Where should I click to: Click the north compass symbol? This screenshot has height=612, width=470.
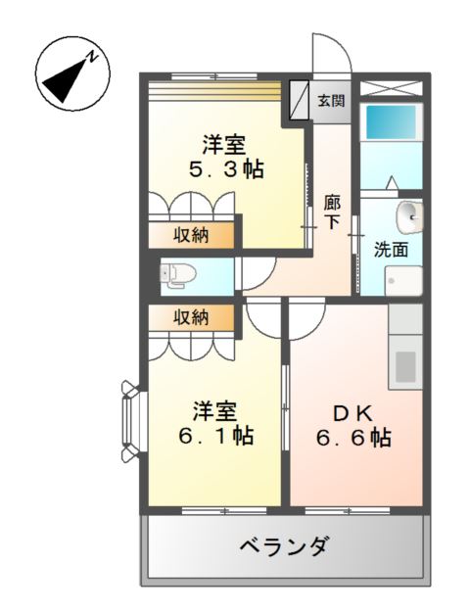click(73, 73)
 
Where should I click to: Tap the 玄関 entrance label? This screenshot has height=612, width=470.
click(331, 101)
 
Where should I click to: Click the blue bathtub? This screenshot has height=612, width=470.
click(391, 121)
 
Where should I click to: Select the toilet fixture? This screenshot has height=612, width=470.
click(177, 275)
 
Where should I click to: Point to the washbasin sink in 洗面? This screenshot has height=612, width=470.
click(409, 217)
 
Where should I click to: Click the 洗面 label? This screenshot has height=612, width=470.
click(391, 250)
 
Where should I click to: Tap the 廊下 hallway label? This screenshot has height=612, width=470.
click(332, 212)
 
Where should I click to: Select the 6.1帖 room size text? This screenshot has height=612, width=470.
click(216, 436)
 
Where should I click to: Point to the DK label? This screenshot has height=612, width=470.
click(353, 414)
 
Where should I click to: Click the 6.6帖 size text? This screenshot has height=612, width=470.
click(353, 438)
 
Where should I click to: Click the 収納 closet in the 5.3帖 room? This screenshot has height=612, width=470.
click(191, 235)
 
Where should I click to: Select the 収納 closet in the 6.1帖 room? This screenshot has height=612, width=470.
click(191, 317)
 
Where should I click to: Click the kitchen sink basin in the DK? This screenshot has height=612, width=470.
click(405, 367)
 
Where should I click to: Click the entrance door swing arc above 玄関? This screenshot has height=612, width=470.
click(341, 46)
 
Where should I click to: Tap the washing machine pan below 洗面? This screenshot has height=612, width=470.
click(403, 281)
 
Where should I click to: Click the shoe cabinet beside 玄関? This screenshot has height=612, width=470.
click(299, 100)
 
